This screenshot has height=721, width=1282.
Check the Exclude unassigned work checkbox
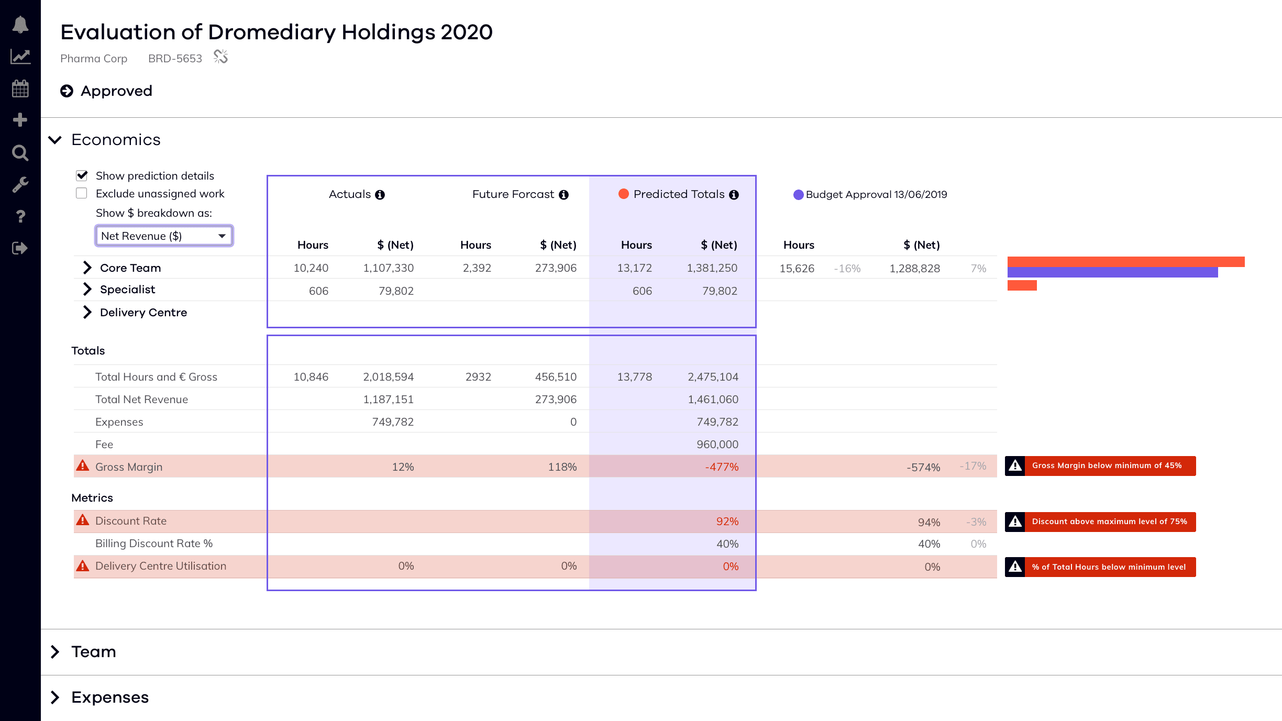(82, 193)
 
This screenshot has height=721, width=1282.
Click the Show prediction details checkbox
(82, 175)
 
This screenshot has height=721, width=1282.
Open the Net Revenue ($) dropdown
(164, 236)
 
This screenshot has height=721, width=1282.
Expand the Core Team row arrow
(87, 268)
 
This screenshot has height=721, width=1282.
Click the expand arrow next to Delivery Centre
(87, 312)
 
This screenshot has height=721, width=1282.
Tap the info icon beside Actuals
(380, 195)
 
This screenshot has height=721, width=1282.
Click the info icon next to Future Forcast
(563, 195)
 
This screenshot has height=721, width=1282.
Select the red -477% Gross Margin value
(722, 467)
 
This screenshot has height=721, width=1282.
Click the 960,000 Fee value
(717, 444)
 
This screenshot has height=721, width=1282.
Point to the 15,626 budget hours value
(797, 269)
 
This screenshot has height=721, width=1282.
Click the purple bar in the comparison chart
(1112, 272)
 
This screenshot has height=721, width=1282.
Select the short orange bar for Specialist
(1022, 285)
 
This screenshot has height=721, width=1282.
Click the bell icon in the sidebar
(20, 25)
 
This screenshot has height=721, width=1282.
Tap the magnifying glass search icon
(20, 153)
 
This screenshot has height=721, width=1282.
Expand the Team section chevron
(55, 651)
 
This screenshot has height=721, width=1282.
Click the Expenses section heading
(110, 697)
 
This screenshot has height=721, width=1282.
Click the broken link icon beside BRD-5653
(221, 57)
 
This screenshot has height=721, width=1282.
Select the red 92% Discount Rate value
(727, 521)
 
